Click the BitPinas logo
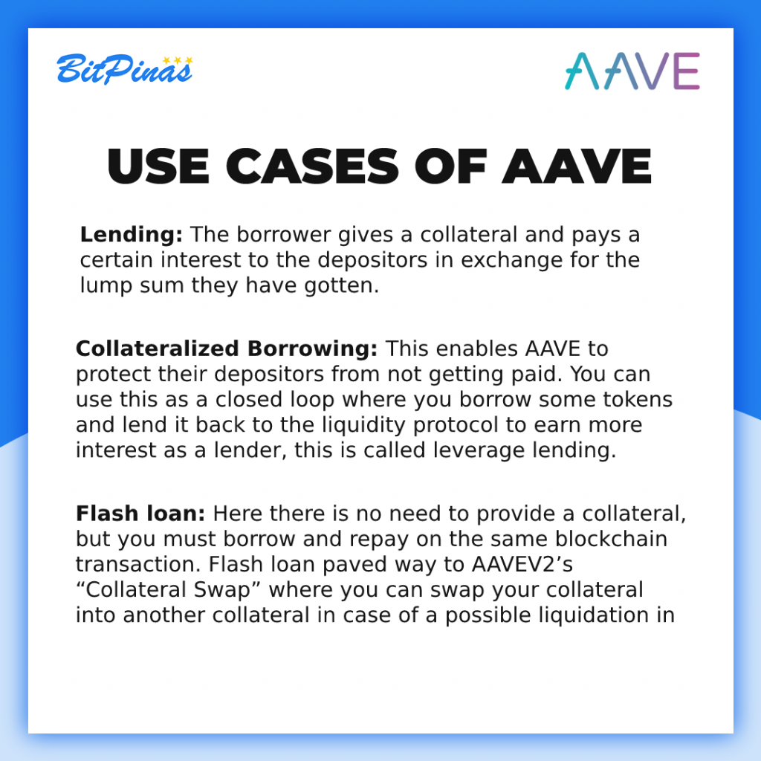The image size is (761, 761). point(125,69)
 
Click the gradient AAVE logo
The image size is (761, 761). point(632,71)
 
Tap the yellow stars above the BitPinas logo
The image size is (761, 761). point(178,60)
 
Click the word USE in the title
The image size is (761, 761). point(158,166)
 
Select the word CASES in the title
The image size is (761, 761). point(313,166)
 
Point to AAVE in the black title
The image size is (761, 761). point(577,166)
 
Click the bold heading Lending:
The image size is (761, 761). point(132,234)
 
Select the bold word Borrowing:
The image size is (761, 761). point(312,349)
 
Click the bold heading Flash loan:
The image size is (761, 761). point(140,514)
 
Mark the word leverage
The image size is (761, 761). point(479,450)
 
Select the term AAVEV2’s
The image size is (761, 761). point(522,565)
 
